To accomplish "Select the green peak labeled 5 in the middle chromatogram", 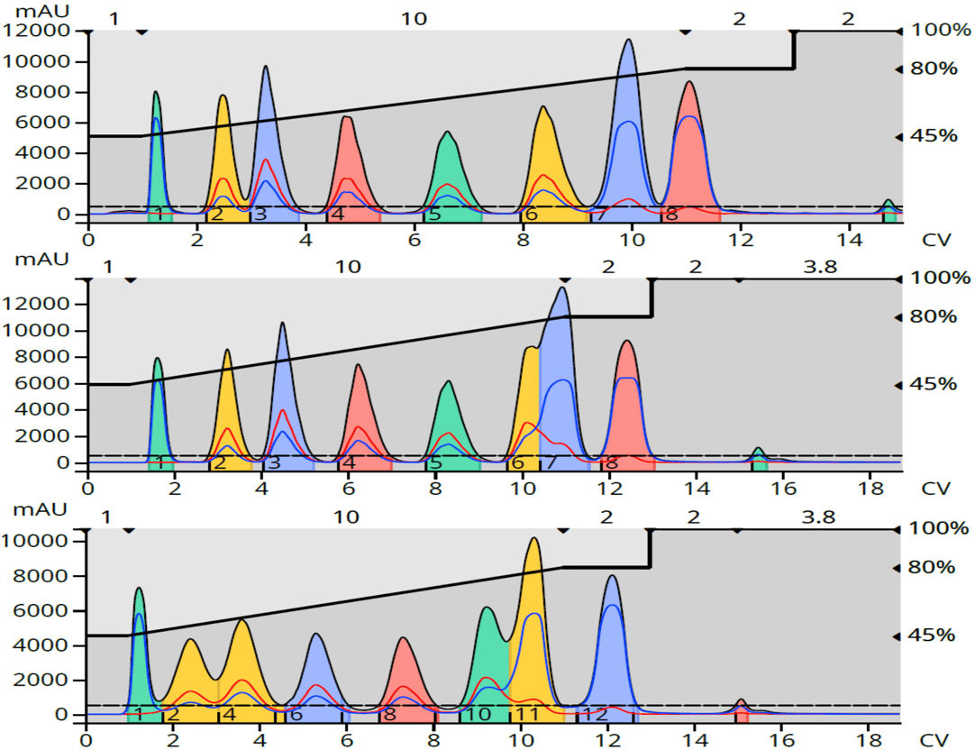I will click(447, 424).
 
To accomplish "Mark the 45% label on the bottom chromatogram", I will click(933, 636).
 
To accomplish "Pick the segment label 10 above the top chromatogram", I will click(414, 18).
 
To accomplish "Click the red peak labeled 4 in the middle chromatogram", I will click(359, 415).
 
